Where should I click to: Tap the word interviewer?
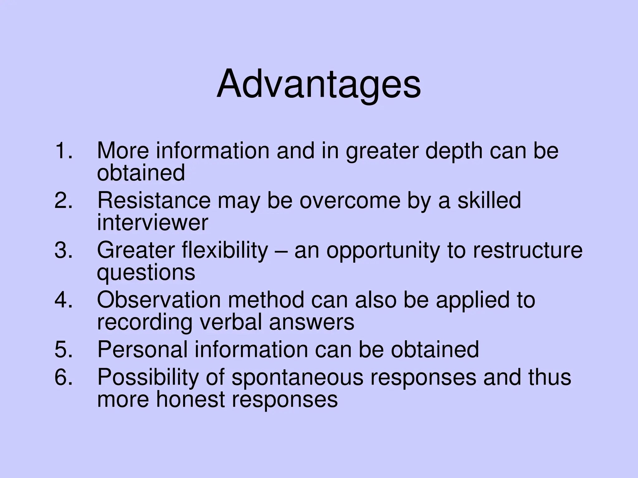[152, 223]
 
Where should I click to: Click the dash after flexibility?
[281, 251]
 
